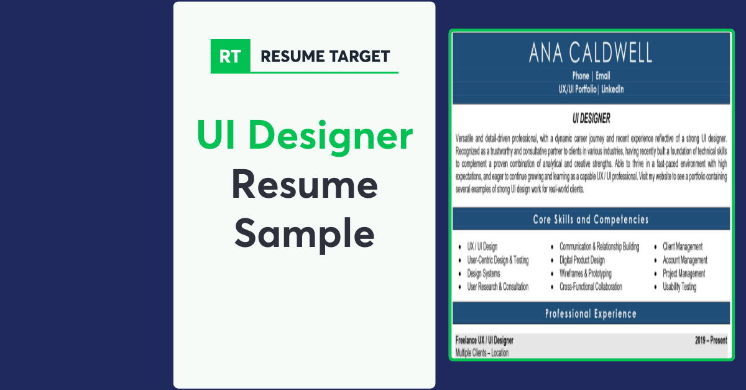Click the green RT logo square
coord(230,57)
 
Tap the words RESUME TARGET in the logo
coord(325,57)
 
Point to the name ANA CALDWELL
coord(590,53)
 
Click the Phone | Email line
coord(591,76)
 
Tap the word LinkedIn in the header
coord(612,89)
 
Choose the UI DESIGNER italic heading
coord(591,118)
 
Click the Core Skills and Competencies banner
coord(591,220)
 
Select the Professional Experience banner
coord(591,314)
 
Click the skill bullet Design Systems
coord(484,274)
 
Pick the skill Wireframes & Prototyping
coord(585,274)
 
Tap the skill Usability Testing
coord(679,287)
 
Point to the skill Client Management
coord(683,247)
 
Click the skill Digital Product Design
coord(582,260)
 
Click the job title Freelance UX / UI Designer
coord(484,340)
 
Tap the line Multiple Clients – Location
coord(482,353)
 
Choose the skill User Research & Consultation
coord(497,287)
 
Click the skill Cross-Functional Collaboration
coord(591,287)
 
